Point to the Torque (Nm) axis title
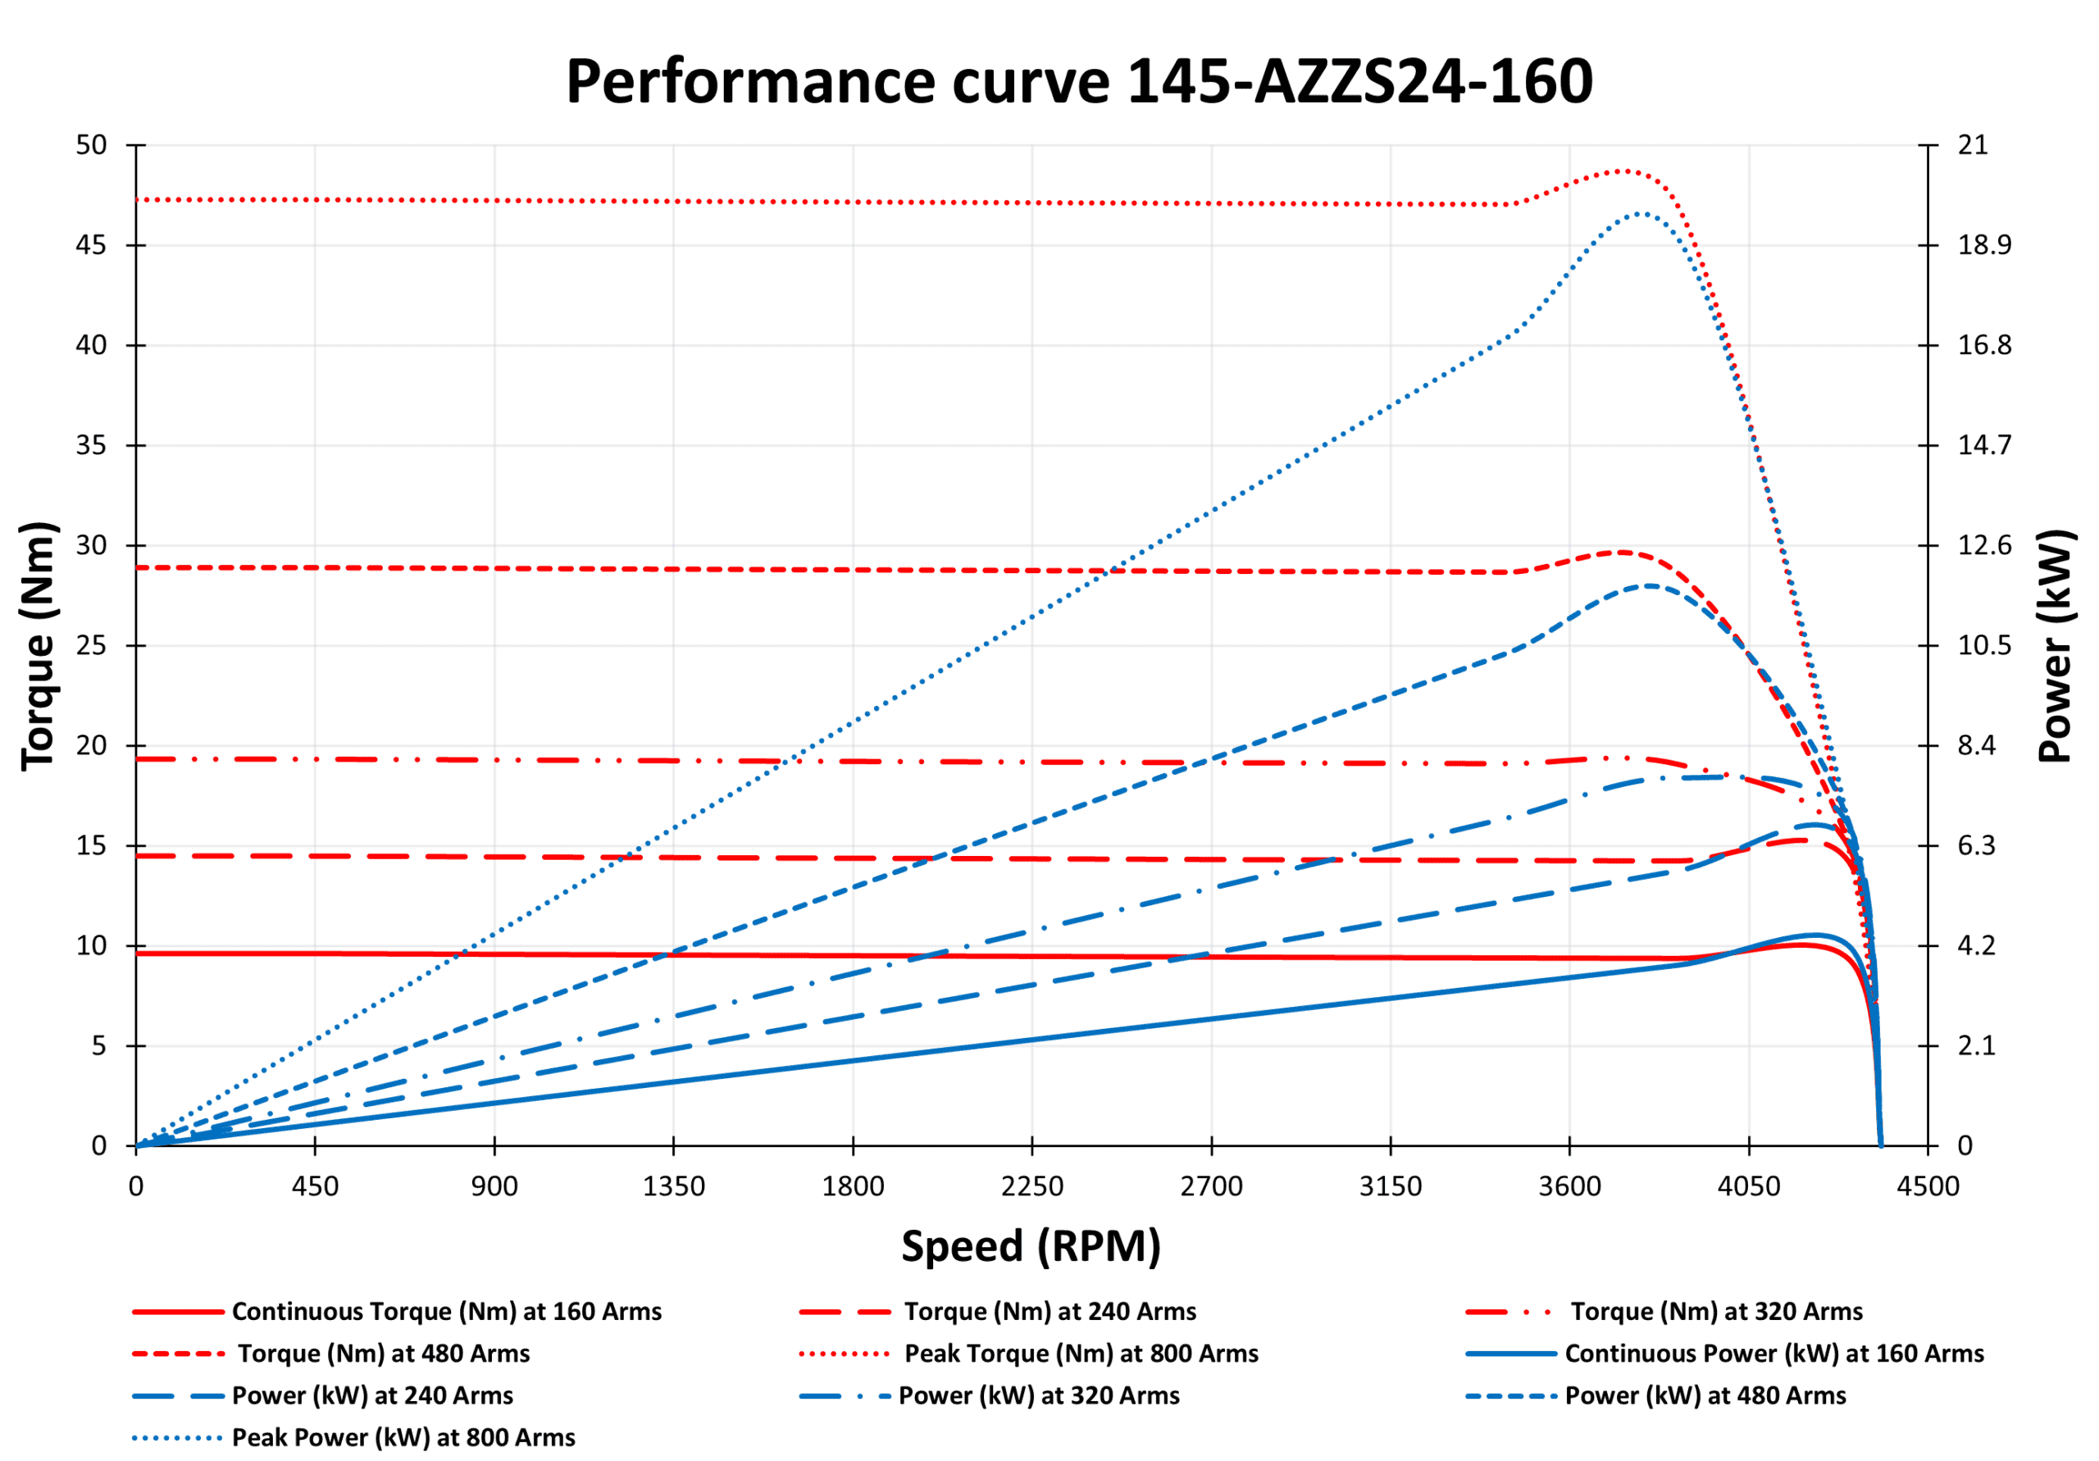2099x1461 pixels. [x=39, y=645]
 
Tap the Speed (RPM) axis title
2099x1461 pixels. [x=1031, y=1246]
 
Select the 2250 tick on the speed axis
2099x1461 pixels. [x=1031, y=1186]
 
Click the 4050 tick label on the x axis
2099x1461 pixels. [x=1748, y=1186]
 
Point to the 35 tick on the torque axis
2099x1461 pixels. [x=91, y=445]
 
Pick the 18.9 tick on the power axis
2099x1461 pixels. [x=1984, y=245]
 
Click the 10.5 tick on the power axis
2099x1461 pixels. [x=1984, y=645]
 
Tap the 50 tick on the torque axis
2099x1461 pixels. [x=91, y=144]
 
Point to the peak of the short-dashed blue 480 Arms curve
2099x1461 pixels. [x=1651, y=586]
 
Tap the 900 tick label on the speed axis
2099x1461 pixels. [x=494, y=1186]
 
